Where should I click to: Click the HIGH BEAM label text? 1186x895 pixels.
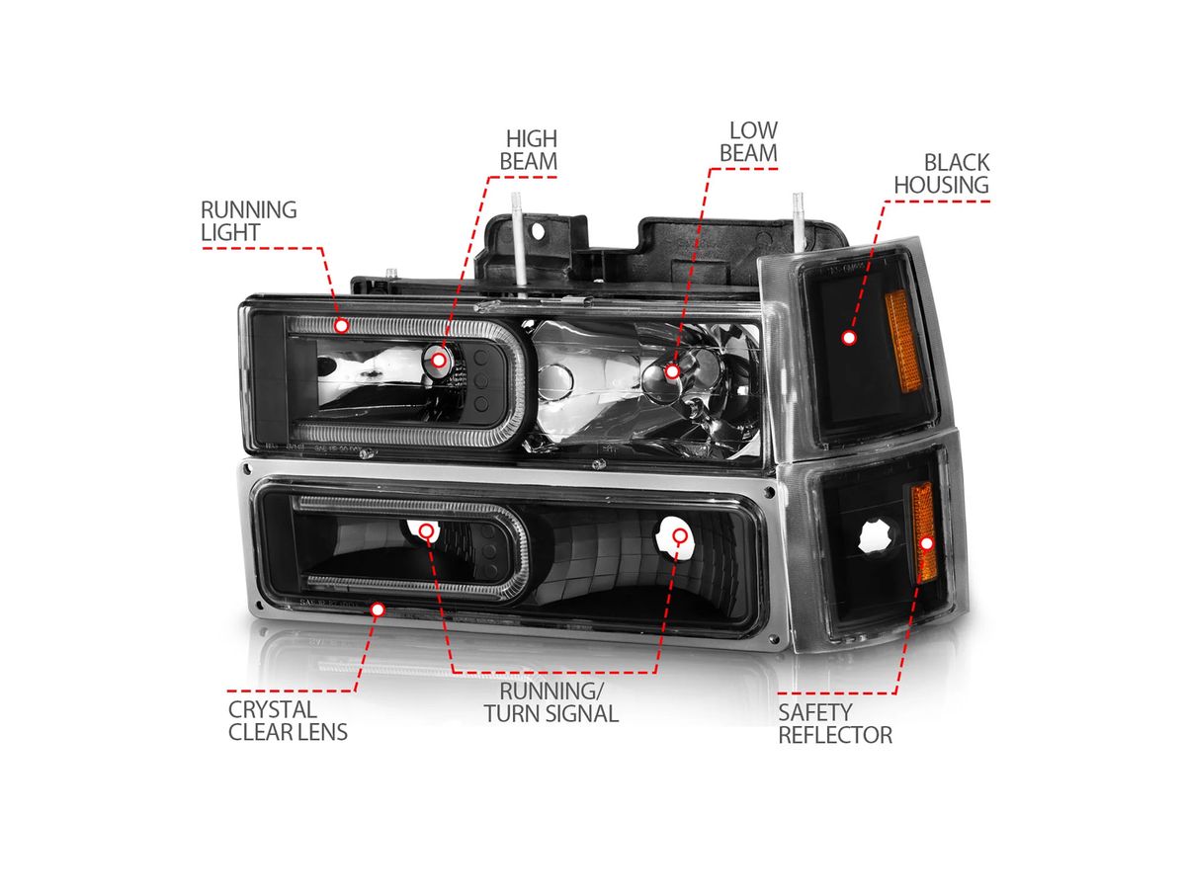[530, 149]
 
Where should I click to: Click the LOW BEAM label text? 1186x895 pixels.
[748, 141]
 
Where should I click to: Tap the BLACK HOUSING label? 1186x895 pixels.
[955, 173]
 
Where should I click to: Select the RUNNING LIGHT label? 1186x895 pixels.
[248, 220]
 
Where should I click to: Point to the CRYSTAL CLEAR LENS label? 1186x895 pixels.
[288, 720]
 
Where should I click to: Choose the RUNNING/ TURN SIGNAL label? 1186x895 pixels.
[551, 701]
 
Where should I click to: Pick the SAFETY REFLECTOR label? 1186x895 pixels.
[834, 722]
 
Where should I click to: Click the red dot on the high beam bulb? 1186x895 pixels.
[439, 360]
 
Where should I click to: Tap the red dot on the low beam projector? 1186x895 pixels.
[672, 371]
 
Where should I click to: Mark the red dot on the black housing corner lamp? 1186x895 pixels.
[848, 338]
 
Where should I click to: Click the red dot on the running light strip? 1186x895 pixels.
[341, 324]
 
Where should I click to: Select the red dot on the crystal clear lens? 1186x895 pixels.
[377, 610]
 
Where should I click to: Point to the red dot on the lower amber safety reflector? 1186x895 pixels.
[927, 542]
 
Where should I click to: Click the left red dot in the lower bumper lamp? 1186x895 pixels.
[426, 531]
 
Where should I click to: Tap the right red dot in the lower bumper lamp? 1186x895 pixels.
[679, 536]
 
